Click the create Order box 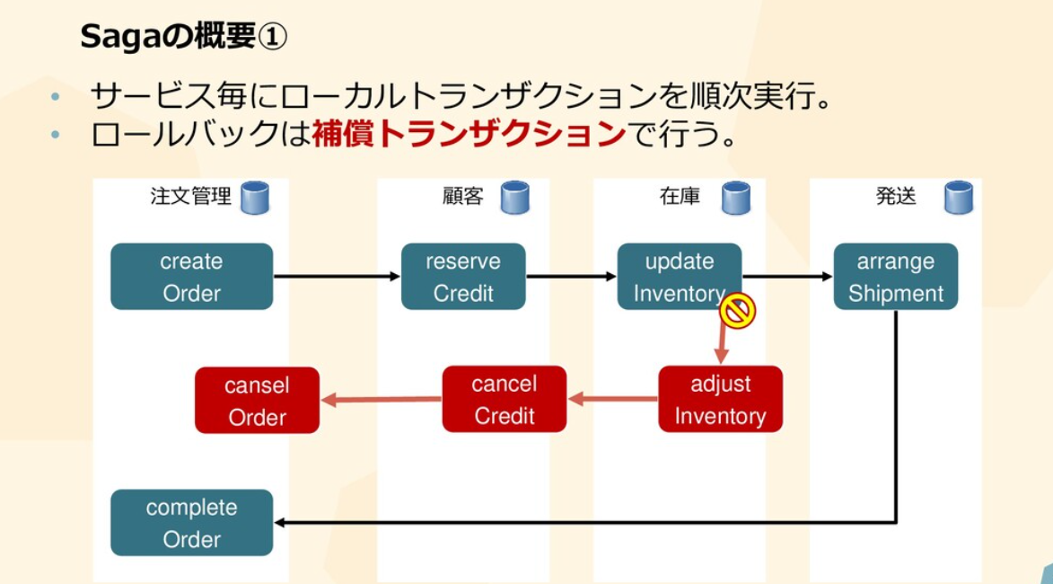click(x=191, y=277)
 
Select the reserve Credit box click(x=463, y=277)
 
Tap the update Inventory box click(x=679, y=277)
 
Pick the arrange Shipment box click(x=895, y=277)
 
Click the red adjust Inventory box click(x=720, y=399)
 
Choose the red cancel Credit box click(x=504, y=399)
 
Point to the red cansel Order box click(x=257, y=401)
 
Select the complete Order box click(x=191, y=523)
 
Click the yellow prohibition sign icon click(x=738, y=311)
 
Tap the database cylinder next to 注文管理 click(x=254, y=198)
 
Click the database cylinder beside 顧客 click(x=514, y=198)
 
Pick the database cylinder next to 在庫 click(x=736, y=198)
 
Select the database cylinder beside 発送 click(x=959, y=198)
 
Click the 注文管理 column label click(x=190, y=197)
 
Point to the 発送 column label click(x=895, y=197)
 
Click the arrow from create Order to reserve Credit click(x=337, y=277)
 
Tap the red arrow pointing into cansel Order click(x=382, y=400)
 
